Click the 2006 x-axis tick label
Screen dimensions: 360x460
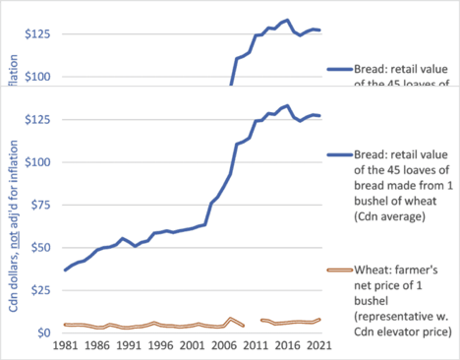point(213,348)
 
